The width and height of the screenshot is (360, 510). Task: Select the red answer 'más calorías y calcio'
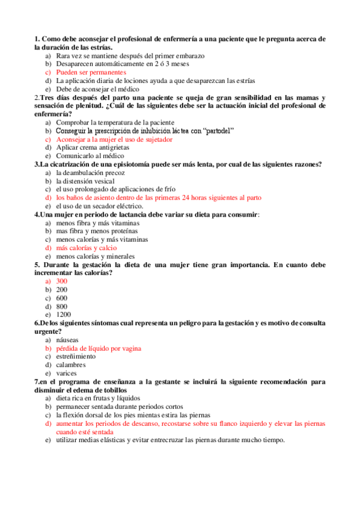click(x=86, y=247)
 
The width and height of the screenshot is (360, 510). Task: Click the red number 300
click(x=62, y=281)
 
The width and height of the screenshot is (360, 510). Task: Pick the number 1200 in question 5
click(x=63, y=315)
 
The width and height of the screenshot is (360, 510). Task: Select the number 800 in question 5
click(x=62, y=306)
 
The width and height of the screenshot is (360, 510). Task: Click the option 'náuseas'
click(x=67, y=340)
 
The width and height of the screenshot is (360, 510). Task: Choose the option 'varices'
click(x=66, y=373)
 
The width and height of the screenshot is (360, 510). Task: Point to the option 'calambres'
click(x=70, y=364)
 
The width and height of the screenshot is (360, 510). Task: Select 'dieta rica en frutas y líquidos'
click(x=98, y=398)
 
